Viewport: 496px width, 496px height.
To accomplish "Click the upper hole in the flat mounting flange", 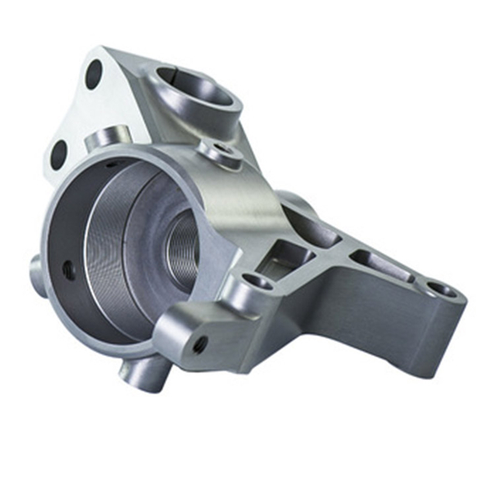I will click(x=94, y=74).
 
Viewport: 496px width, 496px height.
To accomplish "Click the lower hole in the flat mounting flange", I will click(x=59, y=154).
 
